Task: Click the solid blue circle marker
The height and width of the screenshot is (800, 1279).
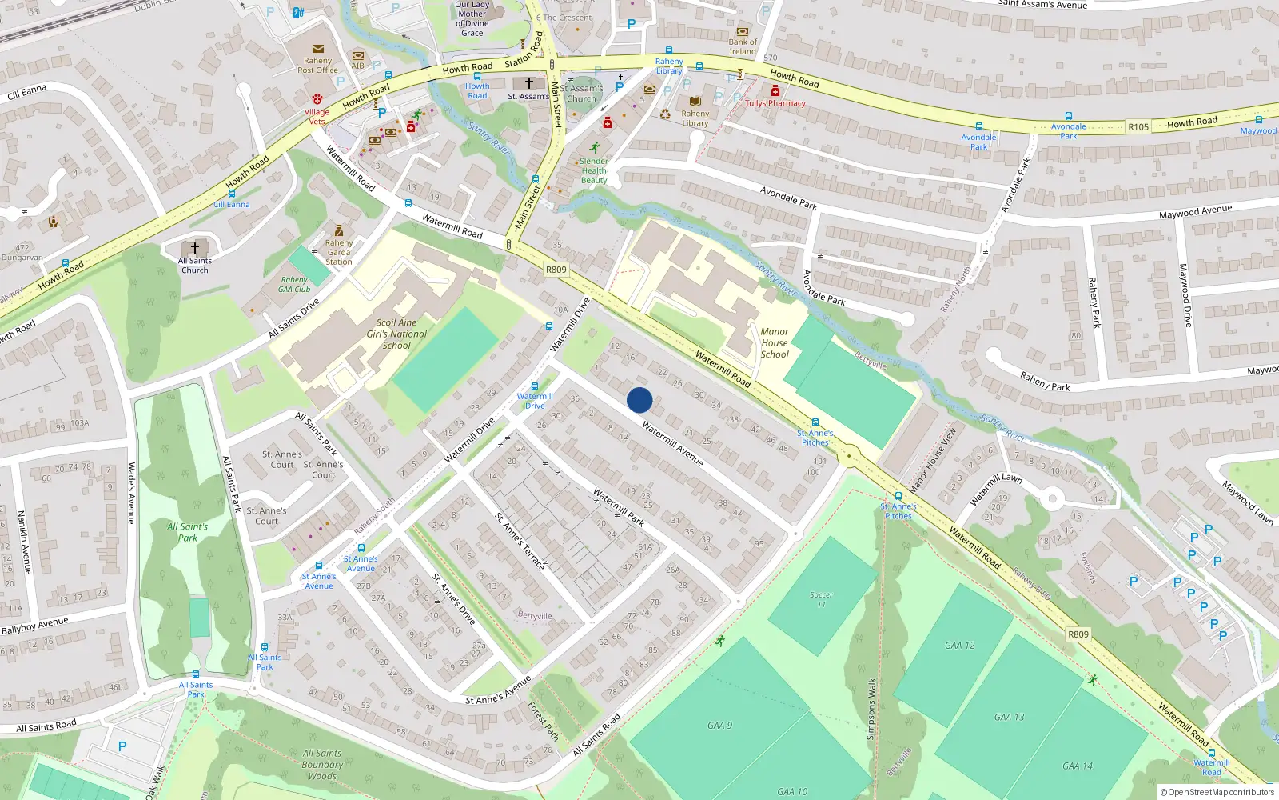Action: pyautogui.click(x=639, y=400)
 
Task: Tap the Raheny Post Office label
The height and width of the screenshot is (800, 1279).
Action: pyautogui.click(x=317, y=65)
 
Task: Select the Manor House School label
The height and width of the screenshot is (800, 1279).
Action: pyautogui.click(x=775, y=342)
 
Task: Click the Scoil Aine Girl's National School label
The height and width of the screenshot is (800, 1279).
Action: pyautogui.click(x=396, y=334)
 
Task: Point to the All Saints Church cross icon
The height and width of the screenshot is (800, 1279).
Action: pyautogui.click(x=194, y=248)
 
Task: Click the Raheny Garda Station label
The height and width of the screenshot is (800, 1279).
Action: pyautogui.click(x=339, y=252)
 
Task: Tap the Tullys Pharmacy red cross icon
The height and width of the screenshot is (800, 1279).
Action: pyautogui.click(x=775, y=91)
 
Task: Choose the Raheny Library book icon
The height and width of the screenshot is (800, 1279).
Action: pyautogui.click(x=695, y=102)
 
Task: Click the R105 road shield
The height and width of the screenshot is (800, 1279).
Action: pyautogui.click(x=1138, y=127)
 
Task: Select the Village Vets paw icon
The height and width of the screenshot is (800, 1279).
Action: pyautogui.click(x=317, y=99)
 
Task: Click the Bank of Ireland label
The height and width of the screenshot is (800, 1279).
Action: pyautogui.click(x=743, y=46)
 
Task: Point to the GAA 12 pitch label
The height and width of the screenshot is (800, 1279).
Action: pyautogui.click(x=959, y=645)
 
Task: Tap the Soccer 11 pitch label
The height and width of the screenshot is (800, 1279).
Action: pyautogui.click(x=821, y=598)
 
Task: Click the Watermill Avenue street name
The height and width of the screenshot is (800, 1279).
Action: pyautogui.click(x=672, y=444)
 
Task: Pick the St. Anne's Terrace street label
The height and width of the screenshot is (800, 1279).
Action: pyautogui.click(x=520, y=541)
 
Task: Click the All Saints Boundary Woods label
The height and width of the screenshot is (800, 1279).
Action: pyautogui.click(x=322, y=764)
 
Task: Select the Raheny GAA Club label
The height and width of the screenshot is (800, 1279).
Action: pyautogui.click(x=295, y=285)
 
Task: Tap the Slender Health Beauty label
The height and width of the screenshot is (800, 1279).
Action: pyautogui.click(x=594, y=170)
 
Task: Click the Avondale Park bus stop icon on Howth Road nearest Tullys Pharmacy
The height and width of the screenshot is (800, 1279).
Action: pyautogui.click(x=978, y=126)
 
